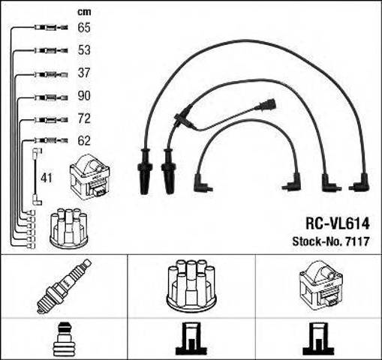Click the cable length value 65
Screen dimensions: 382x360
tap(84, 27)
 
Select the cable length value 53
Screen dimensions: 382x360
tap(84, 50)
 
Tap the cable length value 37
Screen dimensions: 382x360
tap(84, 73)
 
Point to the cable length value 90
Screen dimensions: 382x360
tap(84, 96)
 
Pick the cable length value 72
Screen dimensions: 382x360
tap(84, 118)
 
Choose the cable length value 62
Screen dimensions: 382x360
tap(84, 141)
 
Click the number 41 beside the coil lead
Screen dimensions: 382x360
tap(47, 178)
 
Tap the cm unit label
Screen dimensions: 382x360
tap(84, 12)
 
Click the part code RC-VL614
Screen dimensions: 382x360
tap(338, 223)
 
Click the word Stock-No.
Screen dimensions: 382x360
tap(317, 241)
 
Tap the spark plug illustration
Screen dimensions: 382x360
tap(64, 286)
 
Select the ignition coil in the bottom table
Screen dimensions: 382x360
tap(321, 284)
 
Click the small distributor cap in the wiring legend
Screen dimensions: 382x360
tap(69, 227)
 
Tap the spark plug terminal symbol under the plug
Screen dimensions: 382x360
tap(65, 339)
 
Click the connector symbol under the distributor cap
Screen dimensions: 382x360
tap(191, 339)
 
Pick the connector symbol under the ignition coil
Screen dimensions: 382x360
tap(318, 339)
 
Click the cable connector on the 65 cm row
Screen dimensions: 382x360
tap(51, 27)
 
